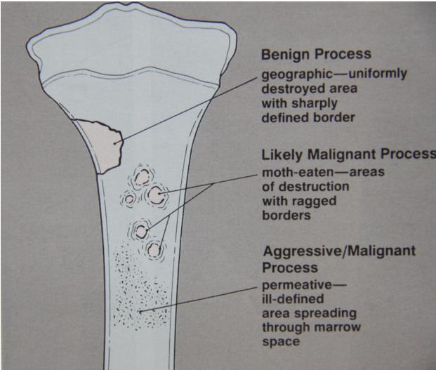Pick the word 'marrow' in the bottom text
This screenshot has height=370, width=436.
click(342, 328)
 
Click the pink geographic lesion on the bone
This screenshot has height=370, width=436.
click(100, 144)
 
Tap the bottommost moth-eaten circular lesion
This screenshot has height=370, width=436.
click(154, 249)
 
